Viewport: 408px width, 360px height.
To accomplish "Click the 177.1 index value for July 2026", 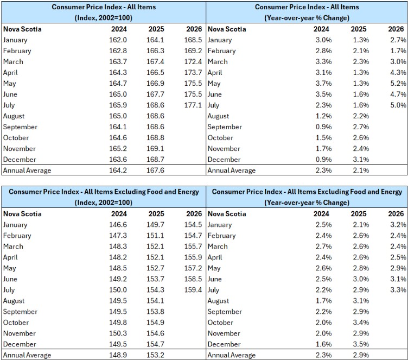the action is pos(193,105).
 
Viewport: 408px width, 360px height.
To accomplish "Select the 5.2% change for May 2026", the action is pos(398,84).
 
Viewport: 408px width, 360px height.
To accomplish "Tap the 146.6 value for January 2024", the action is pos(118,225).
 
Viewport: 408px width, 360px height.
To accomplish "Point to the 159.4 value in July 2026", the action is pos(193,289).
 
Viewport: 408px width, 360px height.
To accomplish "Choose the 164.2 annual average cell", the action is pos(118,170).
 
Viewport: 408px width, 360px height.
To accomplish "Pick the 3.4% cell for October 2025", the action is pos(361,322).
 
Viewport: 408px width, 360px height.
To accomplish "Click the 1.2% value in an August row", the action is pos(324,116).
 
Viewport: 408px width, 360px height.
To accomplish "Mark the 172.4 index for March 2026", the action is pos(193,61).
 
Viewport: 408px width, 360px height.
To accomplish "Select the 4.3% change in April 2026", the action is pos(398,72).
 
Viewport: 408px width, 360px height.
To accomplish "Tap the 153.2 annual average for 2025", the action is pos(155,355).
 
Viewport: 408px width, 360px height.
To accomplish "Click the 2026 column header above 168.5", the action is pos(194,29).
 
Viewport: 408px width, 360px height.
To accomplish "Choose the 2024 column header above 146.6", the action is pos(119,213).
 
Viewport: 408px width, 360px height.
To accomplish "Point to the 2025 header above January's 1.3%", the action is pos(359,29).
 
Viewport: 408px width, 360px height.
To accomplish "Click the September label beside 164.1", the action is pos(20,127).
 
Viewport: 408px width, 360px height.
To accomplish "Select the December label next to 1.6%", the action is pos(224,344).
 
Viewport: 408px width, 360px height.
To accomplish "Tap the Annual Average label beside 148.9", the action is pos(27,355).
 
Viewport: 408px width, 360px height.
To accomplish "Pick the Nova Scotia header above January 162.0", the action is pos(22,29).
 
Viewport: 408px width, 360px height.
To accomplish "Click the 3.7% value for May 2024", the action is pos(324,84).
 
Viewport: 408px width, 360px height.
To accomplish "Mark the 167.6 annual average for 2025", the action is pos(155,170).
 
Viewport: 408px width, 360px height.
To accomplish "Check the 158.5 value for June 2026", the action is pos(193,279).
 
